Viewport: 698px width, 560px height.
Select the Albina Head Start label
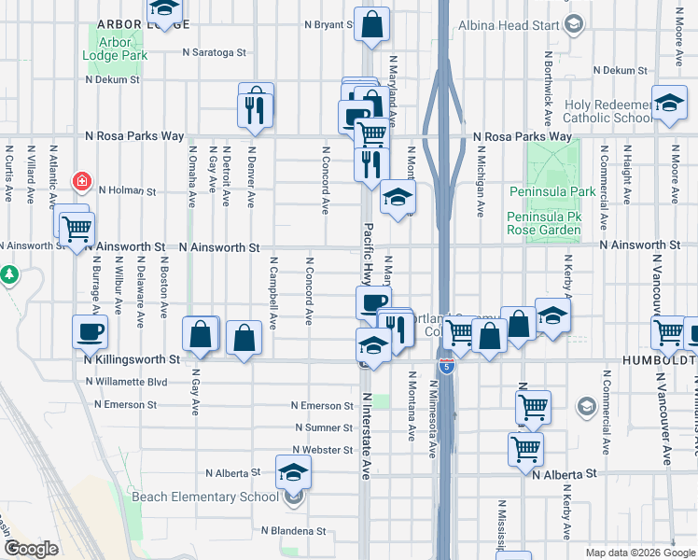tap(509, 25)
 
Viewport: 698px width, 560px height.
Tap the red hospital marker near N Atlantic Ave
tap(83, 180)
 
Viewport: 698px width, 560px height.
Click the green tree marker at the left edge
tap(9, 274)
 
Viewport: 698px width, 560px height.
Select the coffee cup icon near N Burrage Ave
tap(91, 331)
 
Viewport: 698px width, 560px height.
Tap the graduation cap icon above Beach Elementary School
tap(293, 473)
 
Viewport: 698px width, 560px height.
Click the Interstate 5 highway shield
tap(448, 366)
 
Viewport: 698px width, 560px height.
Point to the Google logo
tap(32, 548)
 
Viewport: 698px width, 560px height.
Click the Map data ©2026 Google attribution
tap(639, 553)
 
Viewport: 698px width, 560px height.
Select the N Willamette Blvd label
tap(126, 382)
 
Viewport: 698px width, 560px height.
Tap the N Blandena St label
tap(293, 531)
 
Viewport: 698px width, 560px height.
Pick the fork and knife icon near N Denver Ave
tap(255, 109)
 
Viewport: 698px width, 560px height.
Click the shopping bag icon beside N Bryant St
tap(371, 26)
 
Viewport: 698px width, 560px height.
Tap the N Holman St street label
tap(127, 190)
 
